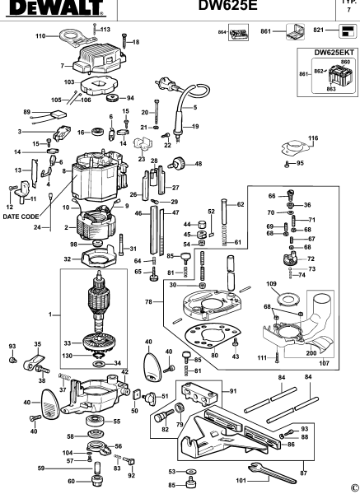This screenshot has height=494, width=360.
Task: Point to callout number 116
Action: pos(312,138)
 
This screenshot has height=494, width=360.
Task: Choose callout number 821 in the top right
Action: pos(318,33)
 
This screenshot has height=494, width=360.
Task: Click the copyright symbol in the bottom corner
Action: pos(353,487)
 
